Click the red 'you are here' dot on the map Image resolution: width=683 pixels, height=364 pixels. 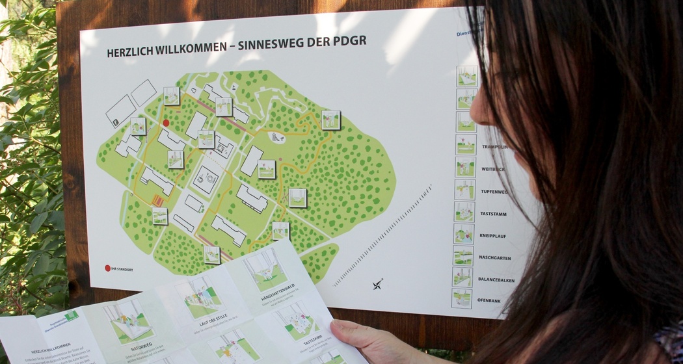[x=166, y=122]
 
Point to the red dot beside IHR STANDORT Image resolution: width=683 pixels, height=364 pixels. [x=107, y=268]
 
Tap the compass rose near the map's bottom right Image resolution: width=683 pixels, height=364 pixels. [x=378, y=284]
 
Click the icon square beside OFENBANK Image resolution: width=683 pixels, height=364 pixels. [x=462, y=298]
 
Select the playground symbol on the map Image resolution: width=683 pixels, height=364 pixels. [x=277, y=137]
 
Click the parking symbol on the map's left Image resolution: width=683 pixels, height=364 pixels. [x=115, y=122]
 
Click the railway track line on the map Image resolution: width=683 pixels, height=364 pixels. [x=384, y=234]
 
